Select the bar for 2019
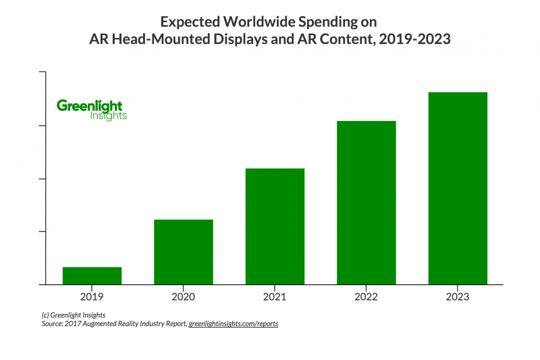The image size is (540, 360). click(x=92, y=276)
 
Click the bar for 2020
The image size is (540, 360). click(x=184, y=252)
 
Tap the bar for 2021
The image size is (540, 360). click(x=275, y=226)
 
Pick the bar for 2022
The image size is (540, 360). click(x=367, y=203)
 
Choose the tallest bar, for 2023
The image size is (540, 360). click(x=458, y=188)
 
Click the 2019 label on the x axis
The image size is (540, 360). click(x=92, y=296)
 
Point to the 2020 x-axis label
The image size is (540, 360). click(x=184, y=296)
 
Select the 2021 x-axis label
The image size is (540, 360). click(x=275, y=296)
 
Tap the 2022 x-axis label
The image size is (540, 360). click(x=367, y=296)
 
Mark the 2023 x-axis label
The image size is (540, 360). click(x=458, y=296)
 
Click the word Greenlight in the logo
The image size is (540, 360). click(x=90, y=105)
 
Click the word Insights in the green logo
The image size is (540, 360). click(x=108, y=116)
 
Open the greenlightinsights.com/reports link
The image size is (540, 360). click(x=233, y=324)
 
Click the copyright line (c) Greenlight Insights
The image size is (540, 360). click(x=69, y=315)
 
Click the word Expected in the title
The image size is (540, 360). click(x=190, y=22)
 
